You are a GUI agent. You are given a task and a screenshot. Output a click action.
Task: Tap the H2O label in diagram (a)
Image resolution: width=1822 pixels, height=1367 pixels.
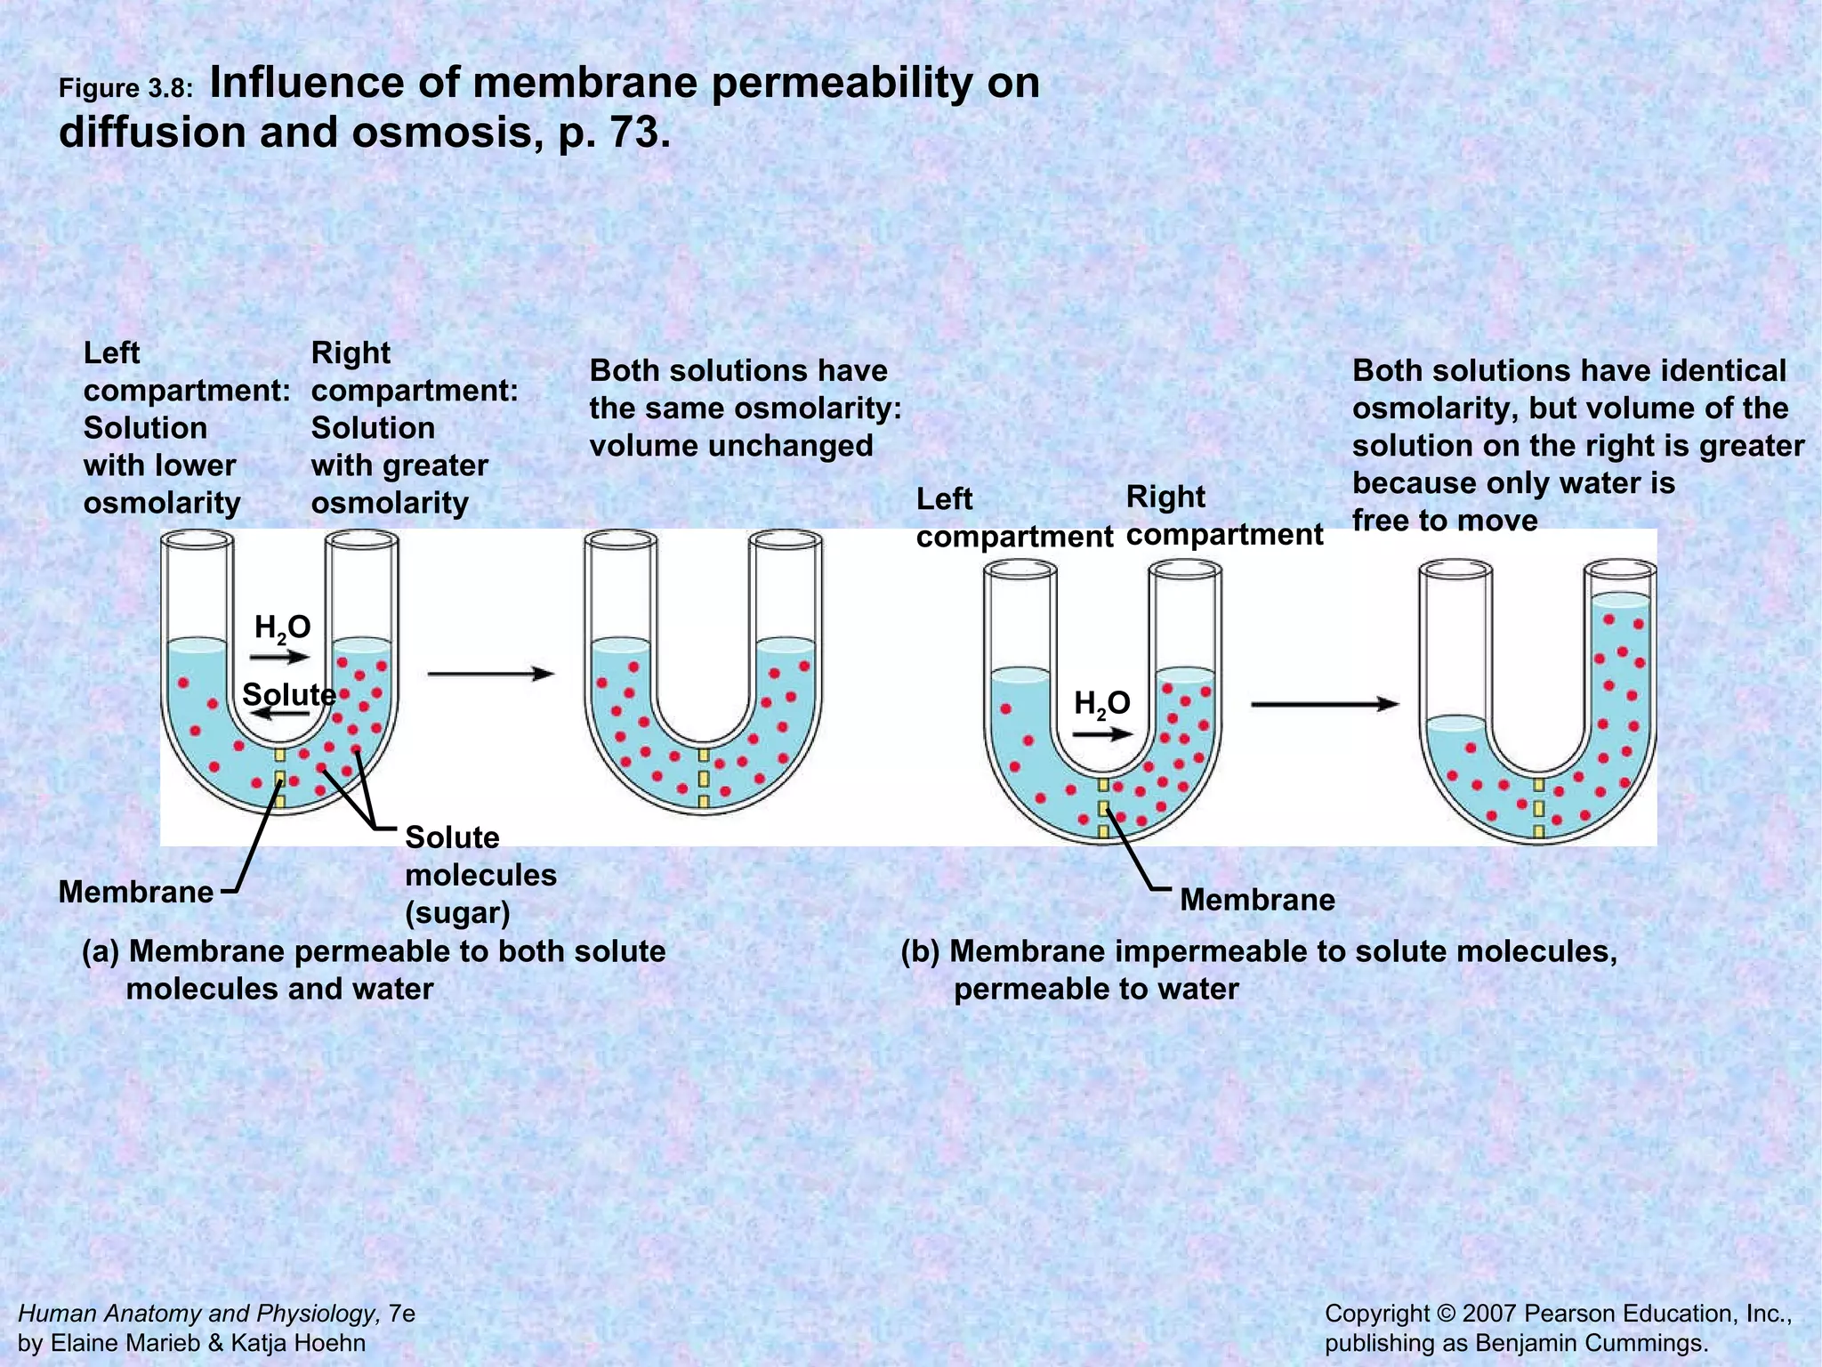[282, 628]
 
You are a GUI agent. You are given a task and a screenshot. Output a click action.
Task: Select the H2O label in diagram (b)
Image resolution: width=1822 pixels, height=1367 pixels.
[1101, 704]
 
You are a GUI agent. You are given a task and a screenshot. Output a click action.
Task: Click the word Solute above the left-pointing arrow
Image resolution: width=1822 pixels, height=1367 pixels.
[288, 694]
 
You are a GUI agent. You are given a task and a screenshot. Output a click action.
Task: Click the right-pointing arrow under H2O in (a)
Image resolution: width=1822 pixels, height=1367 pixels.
[278, 658]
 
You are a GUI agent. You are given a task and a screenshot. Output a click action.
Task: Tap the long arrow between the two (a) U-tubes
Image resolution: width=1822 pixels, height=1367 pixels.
[490, 674]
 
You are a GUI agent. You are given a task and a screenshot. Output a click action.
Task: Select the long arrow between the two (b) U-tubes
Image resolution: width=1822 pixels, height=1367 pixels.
[1325, 704]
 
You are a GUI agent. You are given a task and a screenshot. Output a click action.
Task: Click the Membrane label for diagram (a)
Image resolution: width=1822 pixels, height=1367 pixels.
[136, 892]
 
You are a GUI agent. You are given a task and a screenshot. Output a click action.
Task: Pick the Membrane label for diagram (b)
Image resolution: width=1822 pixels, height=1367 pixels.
[1257, 900]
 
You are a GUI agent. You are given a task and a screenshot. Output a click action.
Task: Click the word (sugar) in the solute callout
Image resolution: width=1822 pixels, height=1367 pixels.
[457, 913]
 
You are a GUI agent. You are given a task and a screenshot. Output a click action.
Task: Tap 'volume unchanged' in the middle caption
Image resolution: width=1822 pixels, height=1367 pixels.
[731, 446]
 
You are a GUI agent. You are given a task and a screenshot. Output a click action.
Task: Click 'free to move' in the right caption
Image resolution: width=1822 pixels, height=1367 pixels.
[1445, 521]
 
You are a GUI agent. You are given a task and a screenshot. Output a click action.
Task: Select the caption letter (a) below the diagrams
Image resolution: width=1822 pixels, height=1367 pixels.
[100, 951]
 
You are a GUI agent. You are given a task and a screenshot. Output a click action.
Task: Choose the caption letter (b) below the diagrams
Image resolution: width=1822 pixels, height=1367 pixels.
[920, 951]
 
